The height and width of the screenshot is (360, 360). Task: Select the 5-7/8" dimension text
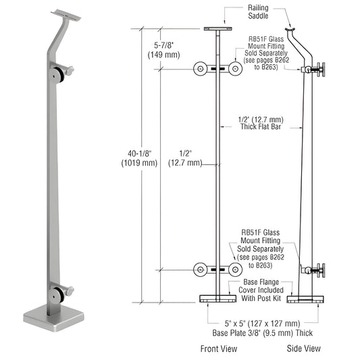tap(161, 50)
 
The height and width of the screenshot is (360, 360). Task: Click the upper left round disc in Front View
tap(201, 69)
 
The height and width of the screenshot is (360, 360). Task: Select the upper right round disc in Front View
tap(234, 69)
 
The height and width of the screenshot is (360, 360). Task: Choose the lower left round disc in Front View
tap(201, 270)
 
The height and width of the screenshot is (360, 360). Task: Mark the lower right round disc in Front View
tap(234, 270)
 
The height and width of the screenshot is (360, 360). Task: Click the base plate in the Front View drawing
tap(217, 299)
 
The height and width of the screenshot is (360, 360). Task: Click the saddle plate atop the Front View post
tap(217, 29)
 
